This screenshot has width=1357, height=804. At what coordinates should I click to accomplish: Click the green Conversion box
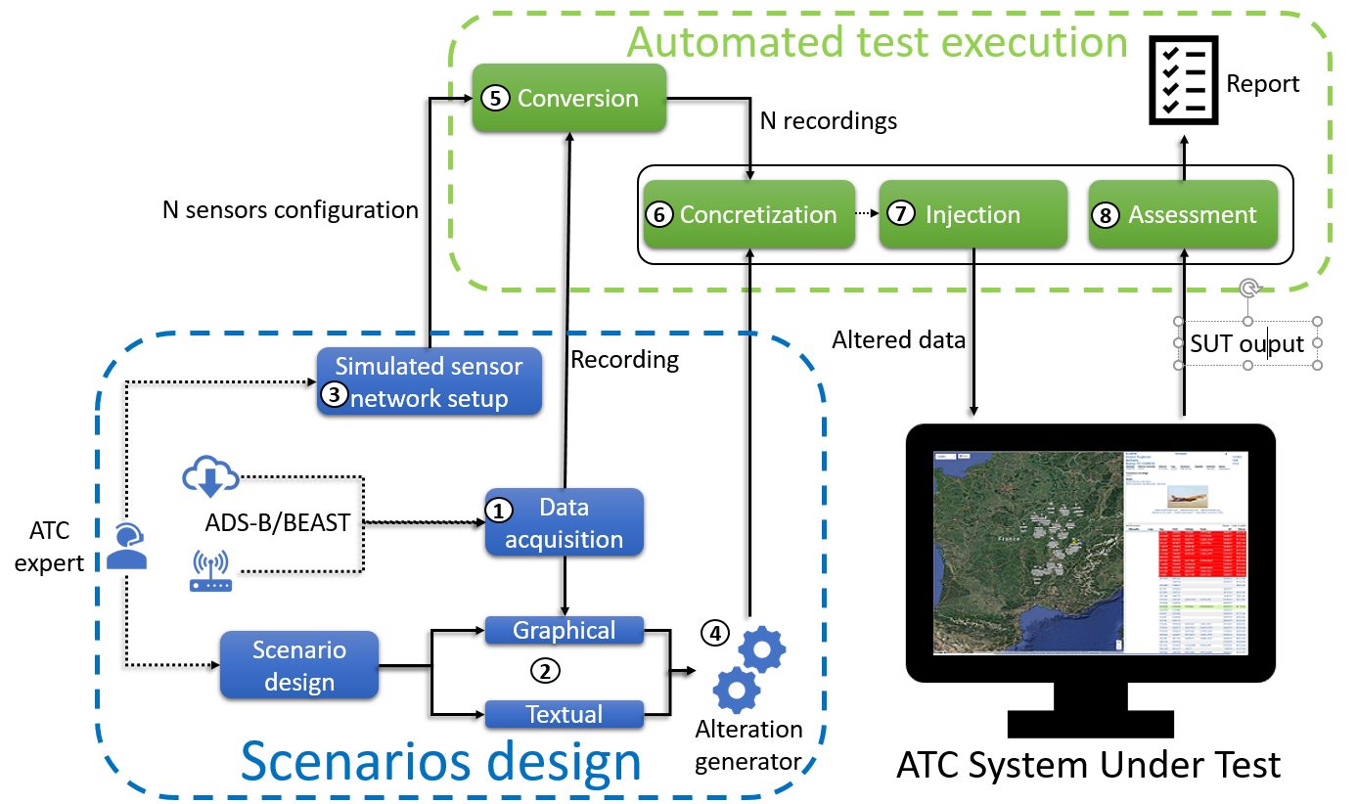tap(568, 98)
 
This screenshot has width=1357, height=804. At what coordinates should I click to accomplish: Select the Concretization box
tap(748, 214)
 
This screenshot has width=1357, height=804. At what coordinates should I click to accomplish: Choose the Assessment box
tap(1183, 214)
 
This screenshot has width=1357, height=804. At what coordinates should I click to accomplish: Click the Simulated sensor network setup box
tap(429, 381)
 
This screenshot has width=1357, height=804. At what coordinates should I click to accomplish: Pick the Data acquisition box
tap(565, 523)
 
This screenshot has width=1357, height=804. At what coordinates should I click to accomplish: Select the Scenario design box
tap(299, 665)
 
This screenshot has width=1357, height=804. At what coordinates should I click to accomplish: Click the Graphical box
tap(565, 630)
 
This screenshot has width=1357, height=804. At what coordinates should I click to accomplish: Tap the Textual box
tap(565, 714)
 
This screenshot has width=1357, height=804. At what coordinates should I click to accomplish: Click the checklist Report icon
tap(1182, 82)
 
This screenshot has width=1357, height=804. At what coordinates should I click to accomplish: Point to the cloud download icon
tap(211, 477)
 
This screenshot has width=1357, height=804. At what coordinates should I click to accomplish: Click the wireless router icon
tap(210, 572)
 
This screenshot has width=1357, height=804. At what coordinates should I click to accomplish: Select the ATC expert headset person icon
tap(126, 547)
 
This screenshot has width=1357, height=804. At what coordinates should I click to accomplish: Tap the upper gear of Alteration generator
tap(760, 648)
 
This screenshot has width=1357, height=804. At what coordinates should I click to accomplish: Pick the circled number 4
tap(715, 633)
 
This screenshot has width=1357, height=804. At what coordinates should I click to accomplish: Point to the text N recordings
tap(828, 121)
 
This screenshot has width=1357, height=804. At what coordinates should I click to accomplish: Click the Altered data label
tap(898, 339)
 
